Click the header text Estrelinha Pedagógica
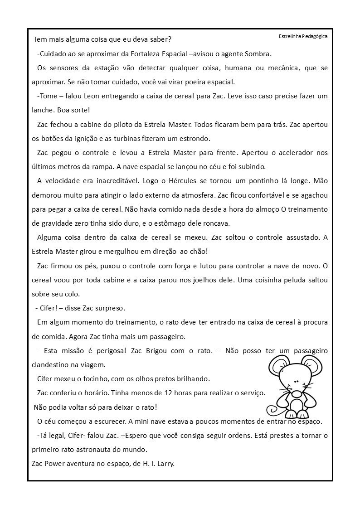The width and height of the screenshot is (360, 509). click(303, 36)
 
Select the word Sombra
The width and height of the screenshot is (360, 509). click(259, 54)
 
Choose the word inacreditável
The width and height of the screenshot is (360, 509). click(111, 181)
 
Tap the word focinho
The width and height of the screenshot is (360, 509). click(90, 378)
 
